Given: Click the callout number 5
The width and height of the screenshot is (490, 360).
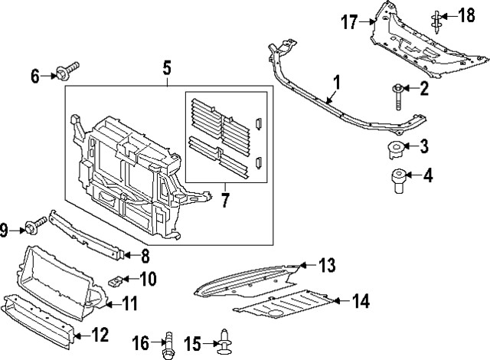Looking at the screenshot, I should [167, 69].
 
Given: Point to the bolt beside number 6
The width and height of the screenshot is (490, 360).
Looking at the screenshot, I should [66, 74].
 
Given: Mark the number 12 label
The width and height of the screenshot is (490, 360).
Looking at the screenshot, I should [100, 335].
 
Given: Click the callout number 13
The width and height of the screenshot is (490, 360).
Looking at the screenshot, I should [327, 266].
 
